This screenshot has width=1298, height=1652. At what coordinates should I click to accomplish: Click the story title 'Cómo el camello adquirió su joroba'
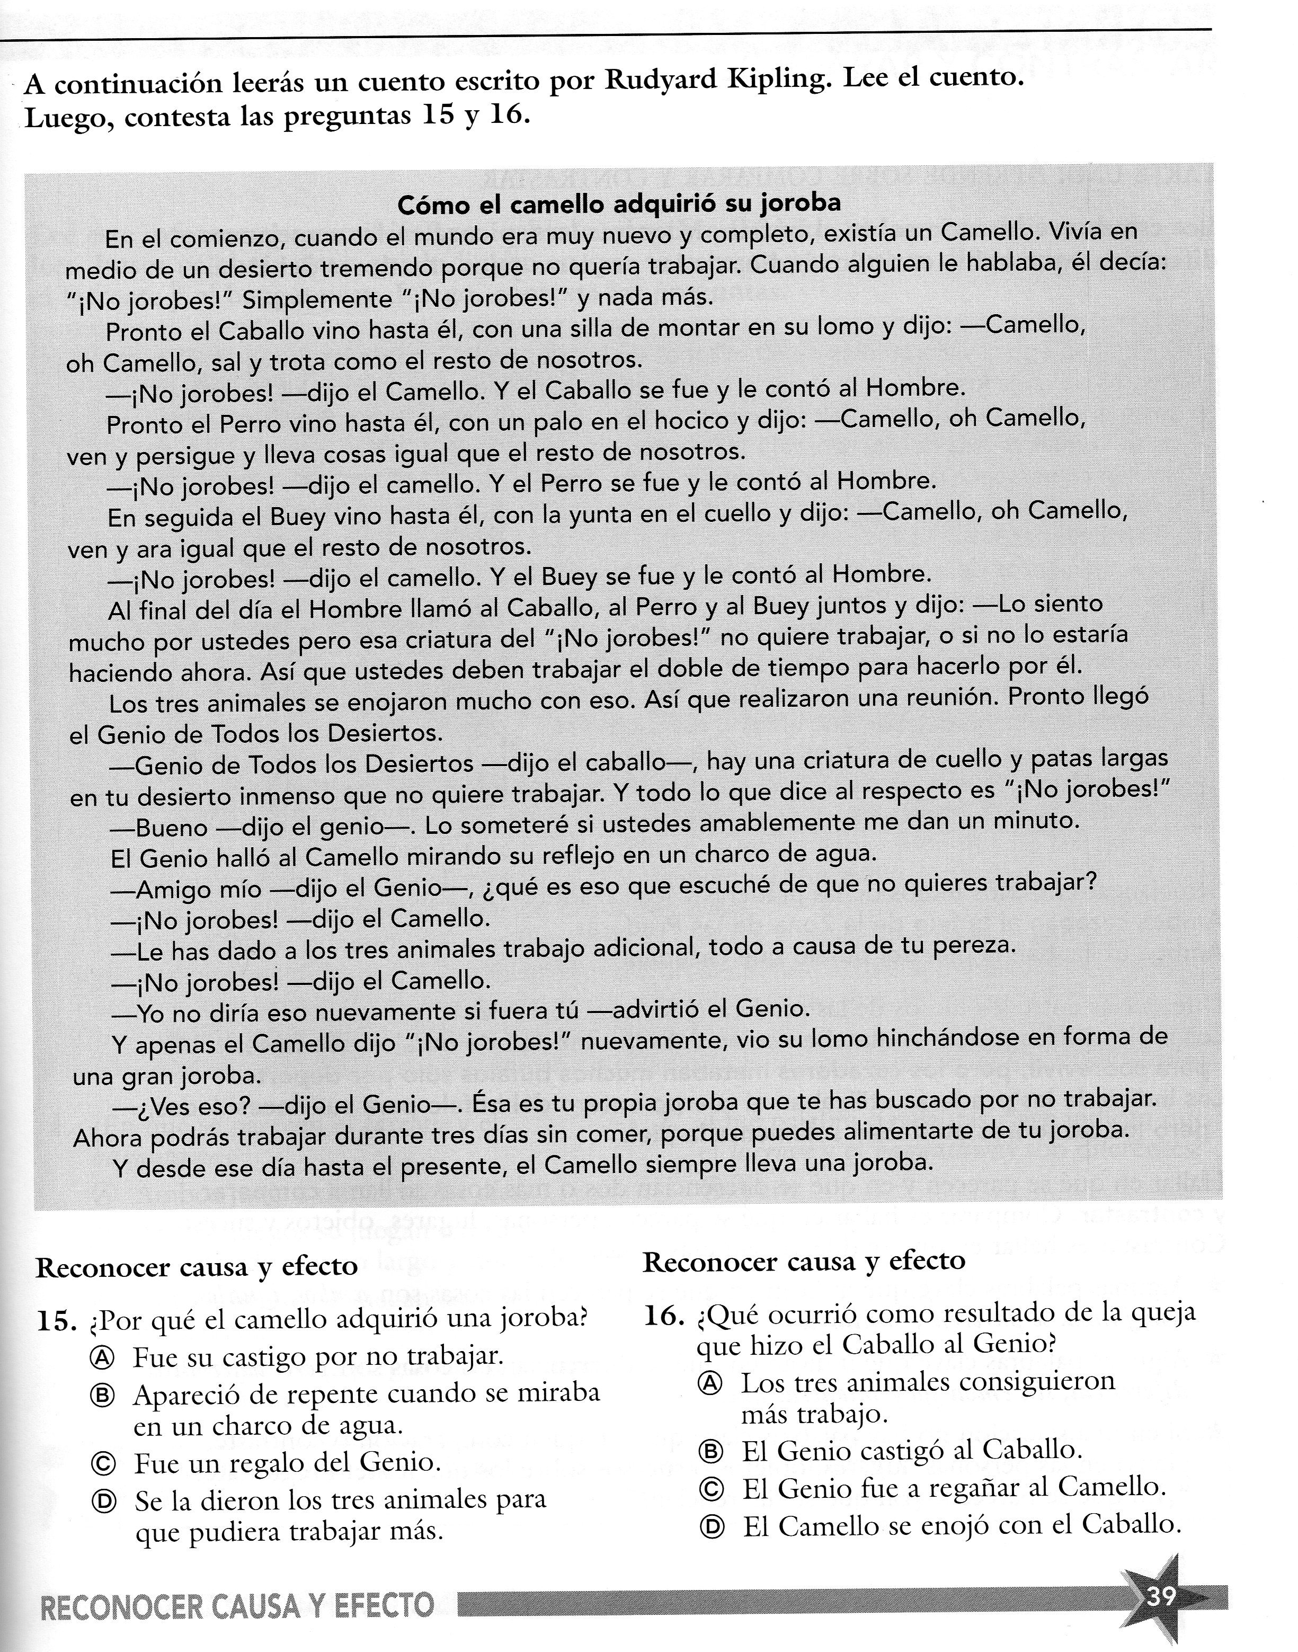point(619,205)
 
